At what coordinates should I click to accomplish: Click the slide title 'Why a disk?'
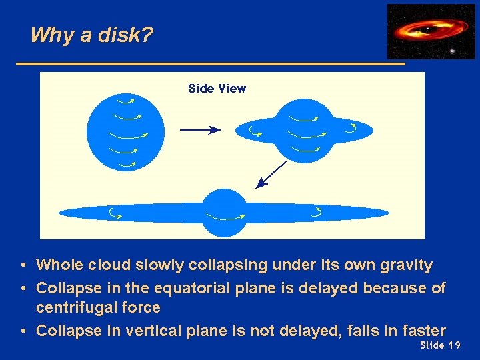[92, 35]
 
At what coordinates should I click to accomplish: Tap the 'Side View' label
[217, 89]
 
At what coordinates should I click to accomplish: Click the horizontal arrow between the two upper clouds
[199, 130]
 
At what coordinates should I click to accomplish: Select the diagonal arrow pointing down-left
[271, 173]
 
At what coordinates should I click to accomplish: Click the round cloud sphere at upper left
[125, 130]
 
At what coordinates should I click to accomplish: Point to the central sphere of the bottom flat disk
[224, 213]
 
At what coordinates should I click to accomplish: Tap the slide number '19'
[454, 345]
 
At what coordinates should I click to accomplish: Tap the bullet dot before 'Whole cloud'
[23, 265]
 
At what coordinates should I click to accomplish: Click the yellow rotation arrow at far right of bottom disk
[316, 213]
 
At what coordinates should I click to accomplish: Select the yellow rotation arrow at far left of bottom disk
[115, 213]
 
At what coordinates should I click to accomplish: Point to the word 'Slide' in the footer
[432, 345]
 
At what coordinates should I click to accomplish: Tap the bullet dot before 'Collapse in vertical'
[23, 330]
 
